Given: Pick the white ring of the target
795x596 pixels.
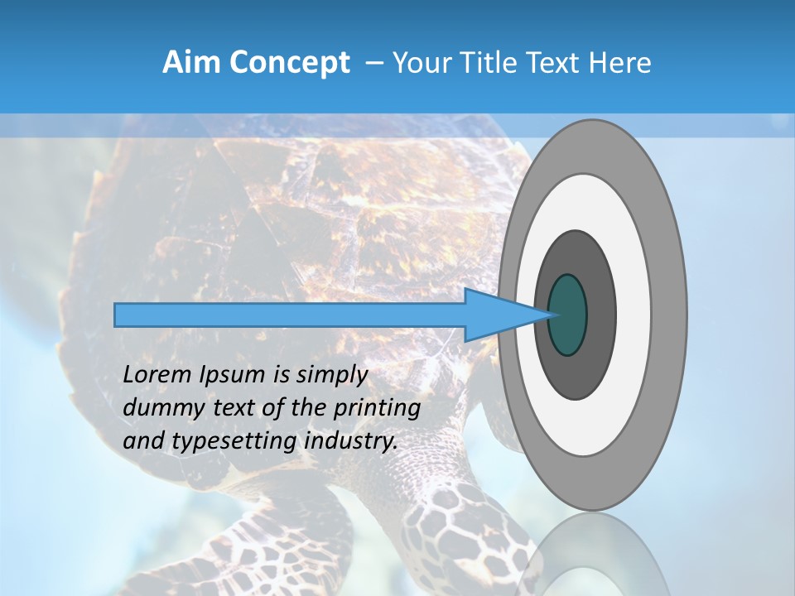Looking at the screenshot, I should pyautogui.click(x=634, y=315).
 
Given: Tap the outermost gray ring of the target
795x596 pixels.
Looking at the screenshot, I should pyautogui.click(x=669, y=315).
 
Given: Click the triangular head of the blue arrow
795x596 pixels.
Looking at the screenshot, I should pyautogui.click(x=497, y=315).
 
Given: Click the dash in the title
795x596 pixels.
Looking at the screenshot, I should pyautogui.click(x=374, y=63).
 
